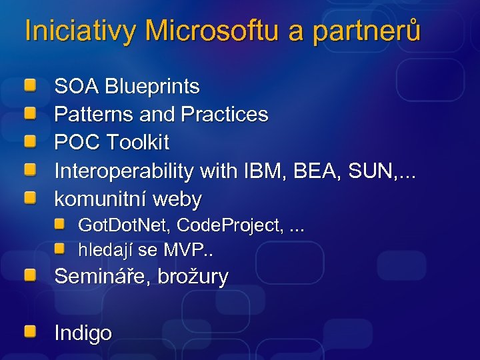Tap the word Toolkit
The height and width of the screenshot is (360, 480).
pos(137,143)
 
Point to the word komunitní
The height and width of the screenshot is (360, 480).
pos(100,199)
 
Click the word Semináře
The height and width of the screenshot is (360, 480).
pos(102,277)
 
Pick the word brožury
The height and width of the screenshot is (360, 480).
pos(193,277)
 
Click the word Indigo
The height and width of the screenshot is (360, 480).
pos(83,333)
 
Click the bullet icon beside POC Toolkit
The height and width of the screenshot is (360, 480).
pos(31,141)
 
